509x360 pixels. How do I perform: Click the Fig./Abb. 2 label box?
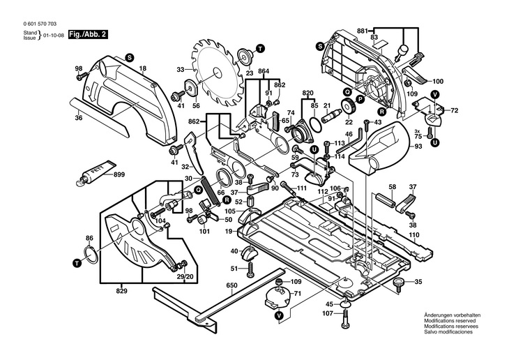(x=89, y=33)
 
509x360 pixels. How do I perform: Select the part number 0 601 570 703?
(x=33, y=22)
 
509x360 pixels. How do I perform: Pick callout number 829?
(x=122, y=290)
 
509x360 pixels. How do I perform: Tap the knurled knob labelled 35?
(x=399, y=283)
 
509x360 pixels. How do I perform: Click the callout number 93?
(x=419, y=147)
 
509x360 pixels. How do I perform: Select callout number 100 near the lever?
(x=439, y=81)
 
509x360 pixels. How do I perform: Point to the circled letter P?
(x=361, y=99)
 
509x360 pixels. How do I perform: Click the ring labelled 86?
(x=89, y=254)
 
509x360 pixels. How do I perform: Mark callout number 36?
(x=79, y=118)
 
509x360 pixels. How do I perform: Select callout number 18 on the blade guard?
(x=142, y=68)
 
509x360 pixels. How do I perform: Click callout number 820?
(x=308, y=93)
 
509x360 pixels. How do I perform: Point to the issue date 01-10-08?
(x=54, y=34)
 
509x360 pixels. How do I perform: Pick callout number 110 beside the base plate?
(x=413, y=234)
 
